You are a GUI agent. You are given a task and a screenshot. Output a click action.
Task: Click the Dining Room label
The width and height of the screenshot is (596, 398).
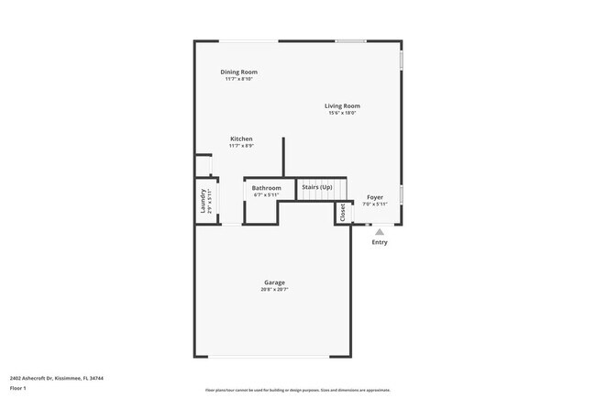[238, 72]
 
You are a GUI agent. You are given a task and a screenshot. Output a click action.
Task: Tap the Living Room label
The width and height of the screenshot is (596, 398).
[342, 105]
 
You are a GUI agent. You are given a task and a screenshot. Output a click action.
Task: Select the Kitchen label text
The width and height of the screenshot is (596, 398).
[241, 138]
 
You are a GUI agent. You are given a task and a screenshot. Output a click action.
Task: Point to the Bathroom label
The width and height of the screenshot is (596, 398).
[267, 188]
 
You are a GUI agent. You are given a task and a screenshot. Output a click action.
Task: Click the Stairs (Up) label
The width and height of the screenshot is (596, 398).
[317, 187]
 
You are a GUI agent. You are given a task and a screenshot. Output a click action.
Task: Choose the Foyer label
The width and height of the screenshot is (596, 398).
[375, 197]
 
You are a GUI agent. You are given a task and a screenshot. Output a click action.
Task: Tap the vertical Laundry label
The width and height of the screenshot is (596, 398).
[202, 202]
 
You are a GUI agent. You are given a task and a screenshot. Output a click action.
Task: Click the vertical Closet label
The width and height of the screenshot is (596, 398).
[342, 213]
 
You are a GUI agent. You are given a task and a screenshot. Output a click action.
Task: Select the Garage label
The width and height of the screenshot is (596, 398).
[274, 282]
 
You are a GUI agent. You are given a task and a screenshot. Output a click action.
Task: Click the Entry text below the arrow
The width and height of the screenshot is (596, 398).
[380, 242]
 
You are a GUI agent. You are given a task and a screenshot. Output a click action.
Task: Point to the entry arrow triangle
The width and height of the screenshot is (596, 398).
[380, 232]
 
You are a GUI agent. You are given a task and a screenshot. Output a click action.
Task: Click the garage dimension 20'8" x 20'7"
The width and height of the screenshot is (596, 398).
[274, 290]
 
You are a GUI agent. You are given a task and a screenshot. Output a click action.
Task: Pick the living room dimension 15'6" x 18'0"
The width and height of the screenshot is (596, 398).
[342, 113]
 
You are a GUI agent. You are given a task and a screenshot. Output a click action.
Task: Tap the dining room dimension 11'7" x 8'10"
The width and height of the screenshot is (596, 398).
[238, 79]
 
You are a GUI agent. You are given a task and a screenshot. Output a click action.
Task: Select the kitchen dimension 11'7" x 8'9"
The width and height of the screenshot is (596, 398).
[241, 146]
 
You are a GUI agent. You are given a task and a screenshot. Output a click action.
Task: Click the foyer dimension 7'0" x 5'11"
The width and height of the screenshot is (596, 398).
[375, 204]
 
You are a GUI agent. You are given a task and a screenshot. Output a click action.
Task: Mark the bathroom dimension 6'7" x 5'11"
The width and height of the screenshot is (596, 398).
[267, 194]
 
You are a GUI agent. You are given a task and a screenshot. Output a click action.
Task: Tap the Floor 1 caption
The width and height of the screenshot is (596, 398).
[18, 389]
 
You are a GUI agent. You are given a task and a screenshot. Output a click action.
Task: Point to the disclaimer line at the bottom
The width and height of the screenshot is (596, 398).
[298, 390]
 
